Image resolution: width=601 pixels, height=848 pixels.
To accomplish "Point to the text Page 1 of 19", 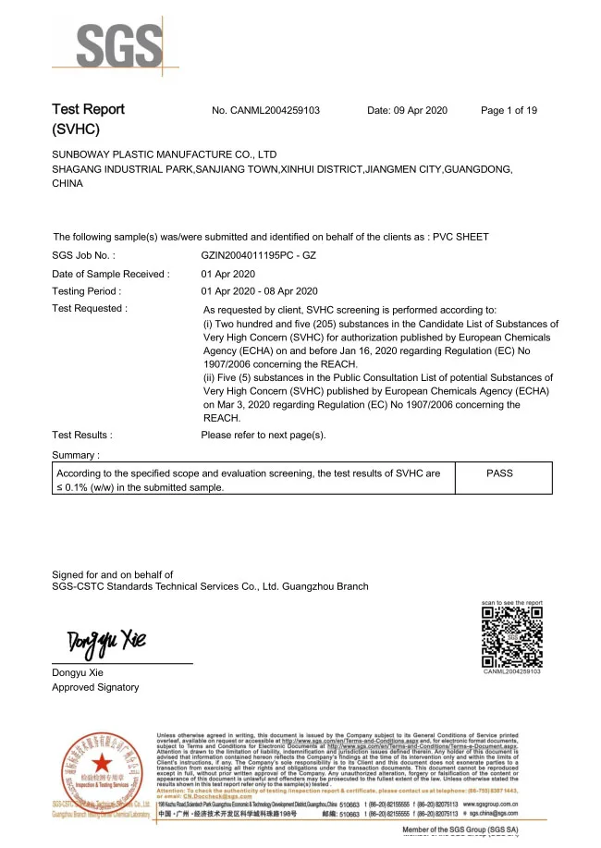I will tap(509, 111).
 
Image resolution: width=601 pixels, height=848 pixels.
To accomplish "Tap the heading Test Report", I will tap(88, 110).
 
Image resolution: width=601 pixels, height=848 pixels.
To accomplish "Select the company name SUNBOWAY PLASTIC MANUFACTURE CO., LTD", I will tap(165, 154).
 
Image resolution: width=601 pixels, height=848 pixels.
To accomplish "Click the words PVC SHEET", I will tap(461, 237).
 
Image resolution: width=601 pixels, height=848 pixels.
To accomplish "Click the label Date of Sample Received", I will tap(110, 274).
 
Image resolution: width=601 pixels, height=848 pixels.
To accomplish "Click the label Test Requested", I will tap(89, 308).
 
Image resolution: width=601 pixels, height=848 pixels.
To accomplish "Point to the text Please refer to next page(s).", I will tap(264, 434).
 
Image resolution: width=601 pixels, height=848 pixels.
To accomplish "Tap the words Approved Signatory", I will tap(95, 687).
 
